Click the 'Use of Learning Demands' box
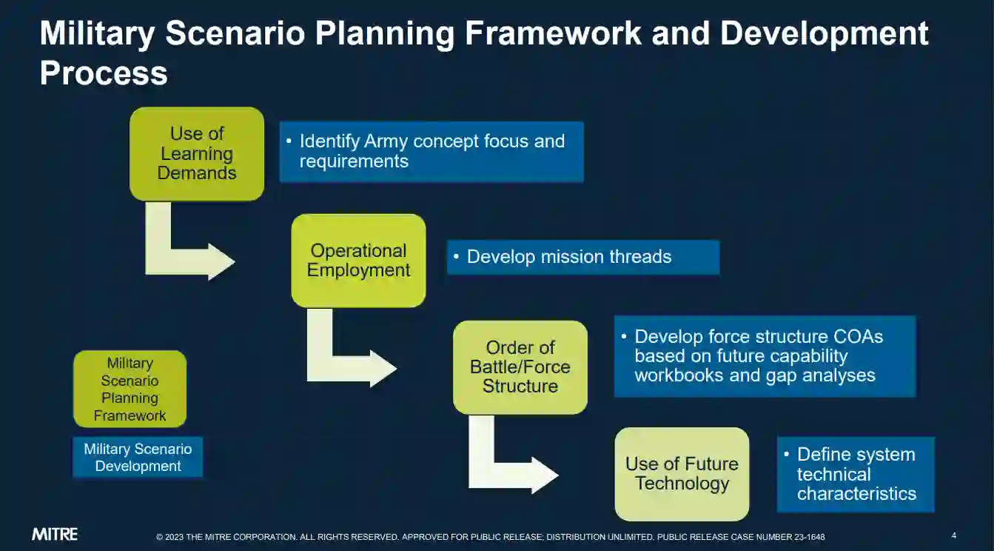tap(197, 153)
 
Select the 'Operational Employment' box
tap(358, 261)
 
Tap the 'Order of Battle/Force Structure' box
tap(520, 367)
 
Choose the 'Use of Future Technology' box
tap(682, 474)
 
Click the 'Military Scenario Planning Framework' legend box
tap(130, 389)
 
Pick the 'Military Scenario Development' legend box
tap(138, 458)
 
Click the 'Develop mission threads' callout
tap(583, 257)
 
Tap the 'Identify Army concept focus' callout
tap(431, 152)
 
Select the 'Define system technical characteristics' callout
tap(856, 474)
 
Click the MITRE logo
tap(55, 534)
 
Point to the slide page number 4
tap(953, 535)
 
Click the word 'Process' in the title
tap(104, 73)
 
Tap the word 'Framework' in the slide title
tap(553, 33)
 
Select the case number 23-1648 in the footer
tap(809, 537)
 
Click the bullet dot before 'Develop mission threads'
tap(456, 256)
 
